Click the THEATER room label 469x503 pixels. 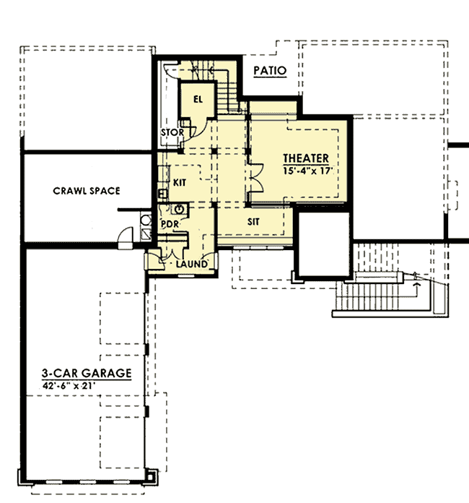tap(305, 158)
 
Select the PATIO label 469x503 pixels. tap(271, 71)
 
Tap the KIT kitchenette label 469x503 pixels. tap(180, 184)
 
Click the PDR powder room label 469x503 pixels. tap(170, 224)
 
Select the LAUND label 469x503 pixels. tap(193, 265)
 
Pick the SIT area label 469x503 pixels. tap(253, 223)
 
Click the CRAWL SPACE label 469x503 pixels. tap(86, 191)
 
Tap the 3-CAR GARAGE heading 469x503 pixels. tap(86, 373)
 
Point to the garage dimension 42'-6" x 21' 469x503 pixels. tap(69, 386)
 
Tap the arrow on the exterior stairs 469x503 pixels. tap(416, 283)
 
